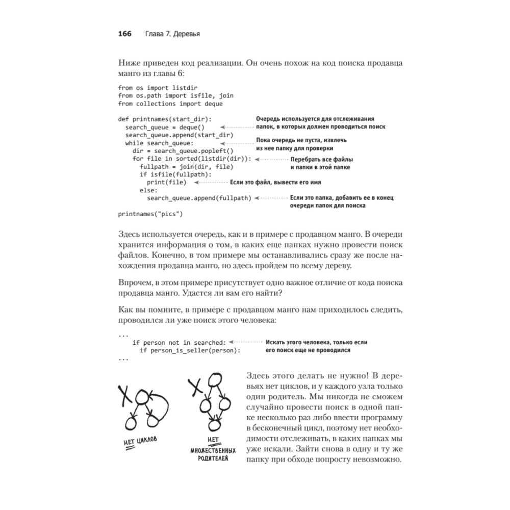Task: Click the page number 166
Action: tap(125, 34)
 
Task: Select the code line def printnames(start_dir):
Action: tap(164, 119)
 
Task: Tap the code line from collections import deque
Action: tap(170, 104)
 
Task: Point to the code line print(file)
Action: tap(166, 182)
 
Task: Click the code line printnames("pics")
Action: tap(150, 213)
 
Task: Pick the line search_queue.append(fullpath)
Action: tap(199, 198)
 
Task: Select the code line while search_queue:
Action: tap(157, 143)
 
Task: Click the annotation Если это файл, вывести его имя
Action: tap(275, 182)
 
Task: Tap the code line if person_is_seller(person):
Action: tap(190, 351)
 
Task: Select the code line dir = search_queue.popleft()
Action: tap(183, 150)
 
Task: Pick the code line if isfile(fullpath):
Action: tap(168, 174)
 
